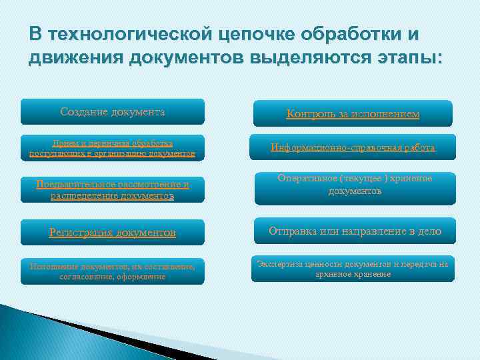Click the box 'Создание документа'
click(112, 112)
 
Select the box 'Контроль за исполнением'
click(353, 114)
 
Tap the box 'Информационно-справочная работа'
click(353, 147)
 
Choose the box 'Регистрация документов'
click(112, 233)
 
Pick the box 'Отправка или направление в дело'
click(353, 231)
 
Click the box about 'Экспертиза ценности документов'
click(353, 269)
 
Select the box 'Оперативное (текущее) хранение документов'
click(353, 185)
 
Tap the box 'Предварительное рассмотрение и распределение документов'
click(112, 190)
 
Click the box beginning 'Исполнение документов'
click(112, 271)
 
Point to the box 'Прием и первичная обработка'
click(112, 148)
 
